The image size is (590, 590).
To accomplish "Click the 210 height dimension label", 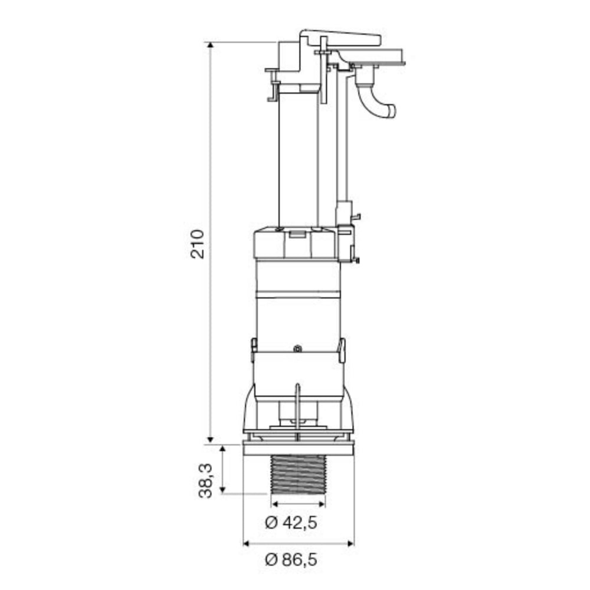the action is coord(197,244).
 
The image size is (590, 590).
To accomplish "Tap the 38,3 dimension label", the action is coord(205,481).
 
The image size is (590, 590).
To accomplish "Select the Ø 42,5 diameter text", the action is coord(291,522).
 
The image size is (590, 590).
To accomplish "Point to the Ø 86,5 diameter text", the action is coord(291,559).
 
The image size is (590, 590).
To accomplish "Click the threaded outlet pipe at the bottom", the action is coord(298,475).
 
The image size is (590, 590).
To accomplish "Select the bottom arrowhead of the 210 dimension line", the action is coord(211,440).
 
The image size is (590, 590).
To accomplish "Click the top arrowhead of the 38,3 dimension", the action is coord(222,448).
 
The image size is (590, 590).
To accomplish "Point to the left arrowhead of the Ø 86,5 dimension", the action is coord(247,543).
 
